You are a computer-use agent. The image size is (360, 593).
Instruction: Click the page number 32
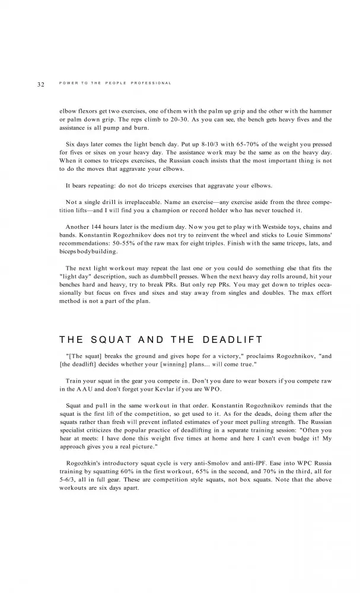pyautogui.click(x=40, y=84)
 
